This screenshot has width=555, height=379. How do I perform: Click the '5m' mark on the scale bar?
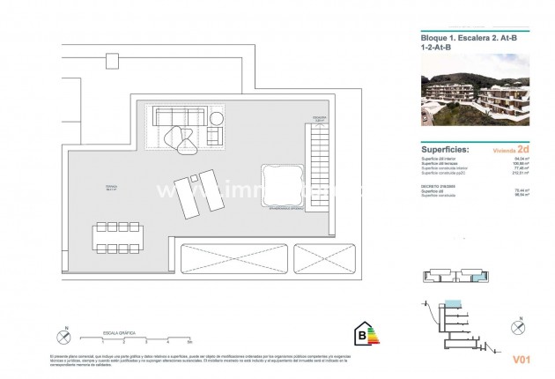(189, 338)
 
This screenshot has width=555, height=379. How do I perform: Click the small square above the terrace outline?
(112, 61)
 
